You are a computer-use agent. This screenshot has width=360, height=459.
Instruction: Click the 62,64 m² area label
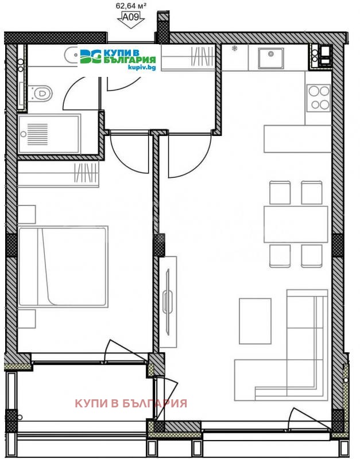131,6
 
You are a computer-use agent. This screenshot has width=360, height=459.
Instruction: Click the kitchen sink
269,57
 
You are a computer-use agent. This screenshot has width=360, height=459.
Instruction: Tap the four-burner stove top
318,97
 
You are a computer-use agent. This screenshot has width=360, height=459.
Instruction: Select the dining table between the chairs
295,224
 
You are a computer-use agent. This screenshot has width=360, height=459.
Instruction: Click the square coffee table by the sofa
255,321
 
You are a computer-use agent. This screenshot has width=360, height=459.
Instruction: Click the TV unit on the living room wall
168,301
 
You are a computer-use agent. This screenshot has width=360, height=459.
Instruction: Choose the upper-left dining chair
280,193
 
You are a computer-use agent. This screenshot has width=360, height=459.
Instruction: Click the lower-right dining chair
312,255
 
